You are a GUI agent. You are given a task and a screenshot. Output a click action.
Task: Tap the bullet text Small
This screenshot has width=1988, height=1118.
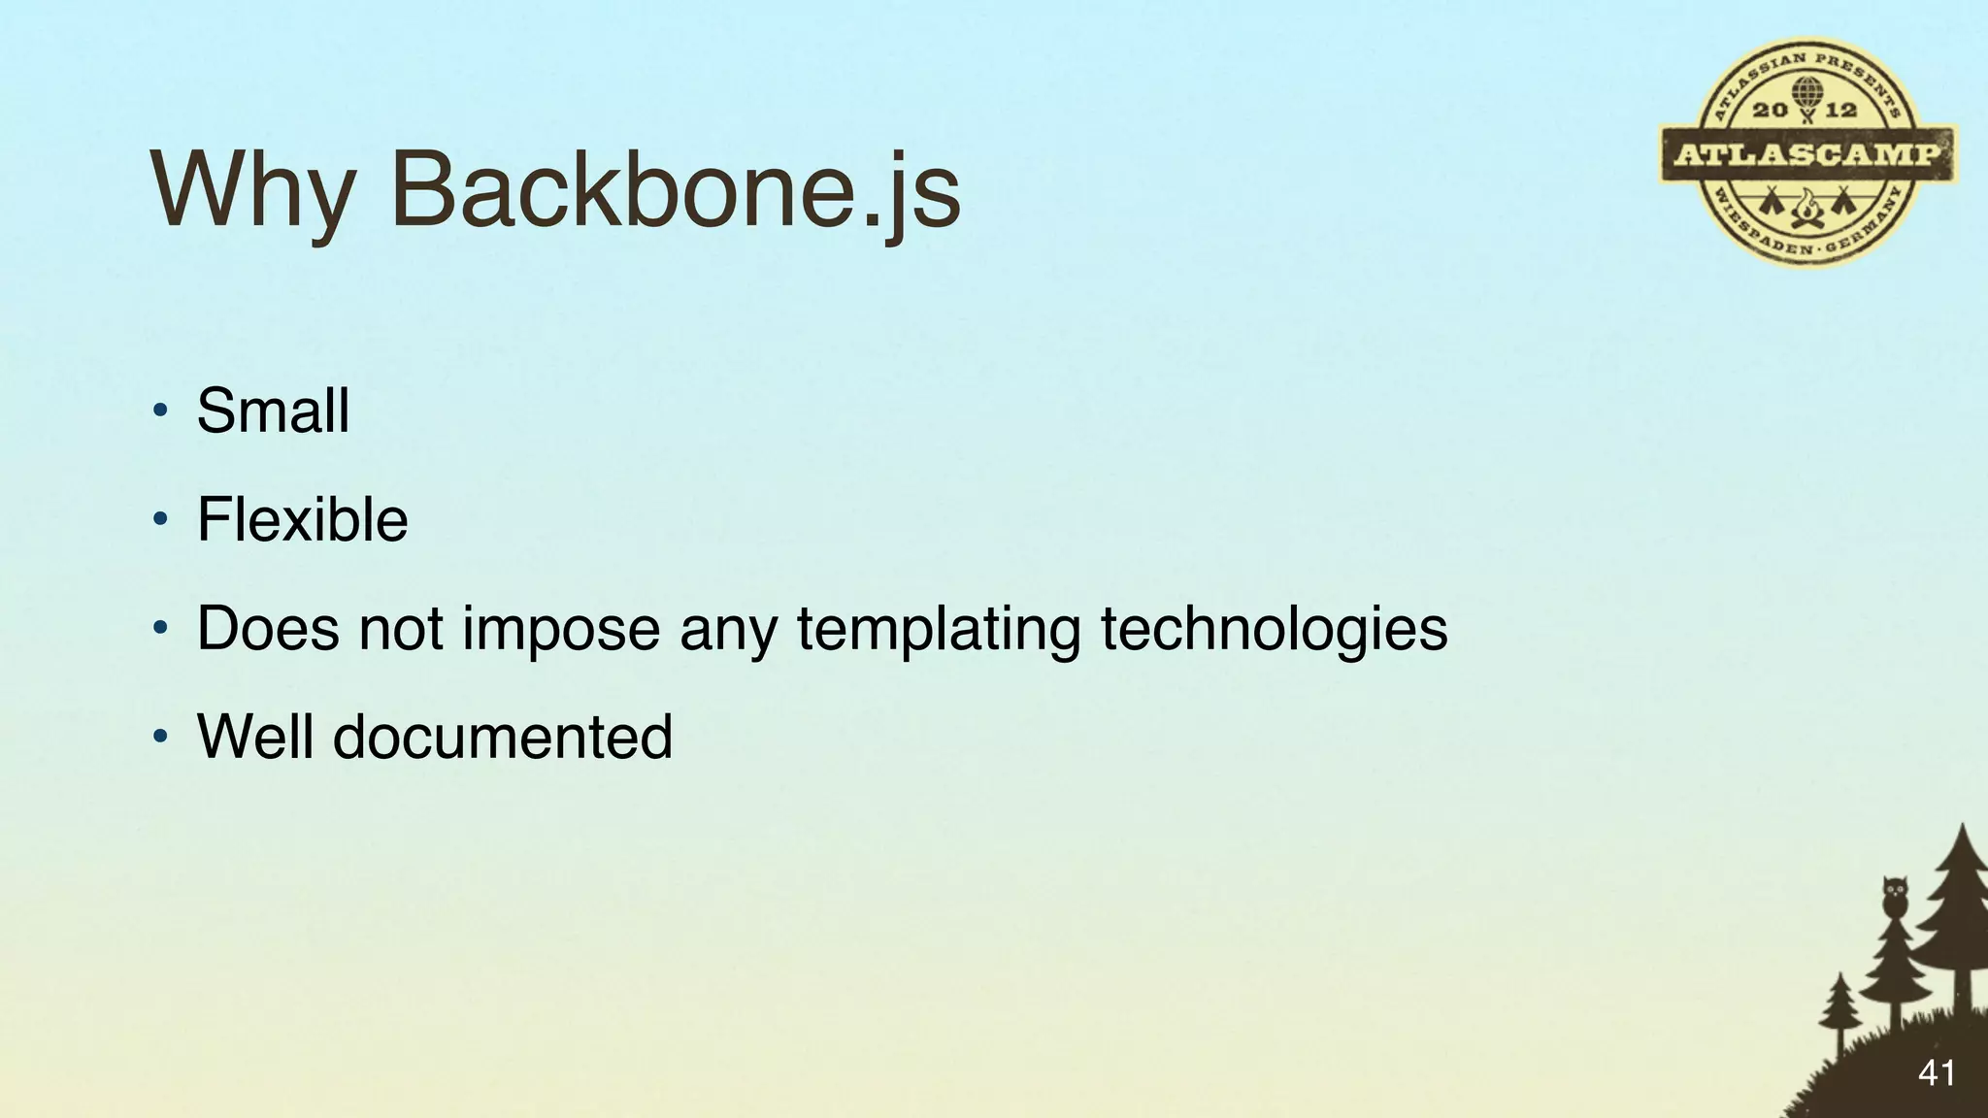[x=273, y=411]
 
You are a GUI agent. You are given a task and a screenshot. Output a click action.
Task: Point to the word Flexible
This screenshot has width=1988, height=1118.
[x=302, y=519]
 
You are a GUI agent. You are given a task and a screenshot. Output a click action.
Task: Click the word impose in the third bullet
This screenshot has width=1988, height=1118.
[x=561, y=629]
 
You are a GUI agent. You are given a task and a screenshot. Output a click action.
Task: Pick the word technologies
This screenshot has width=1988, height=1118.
[x=1274, y=629]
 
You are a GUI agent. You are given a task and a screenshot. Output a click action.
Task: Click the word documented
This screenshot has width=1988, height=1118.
[x=503, y=737]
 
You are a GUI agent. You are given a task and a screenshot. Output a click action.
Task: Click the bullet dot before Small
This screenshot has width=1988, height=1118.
[x=161, y=411]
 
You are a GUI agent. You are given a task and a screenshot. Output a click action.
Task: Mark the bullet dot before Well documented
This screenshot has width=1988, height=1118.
[x=161, y=738]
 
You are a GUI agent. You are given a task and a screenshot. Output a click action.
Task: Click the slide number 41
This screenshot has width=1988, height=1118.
[x=1936, y=1073]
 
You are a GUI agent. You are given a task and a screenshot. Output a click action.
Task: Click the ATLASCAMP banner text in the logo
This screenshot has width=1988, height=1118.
[x=1807, y=154]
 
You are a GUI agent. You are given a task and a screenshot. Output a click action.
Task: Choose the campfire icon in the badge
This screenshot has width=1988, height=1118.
[x=1807, y=207]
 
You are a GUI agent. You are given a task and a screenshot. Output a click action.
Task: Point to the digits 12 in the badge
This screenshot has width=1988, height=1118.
[x=1841, y=110]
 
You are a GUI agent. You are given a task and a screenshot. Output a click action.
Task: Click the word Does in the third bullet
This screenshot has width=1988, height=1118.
[x=268, y=629]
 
